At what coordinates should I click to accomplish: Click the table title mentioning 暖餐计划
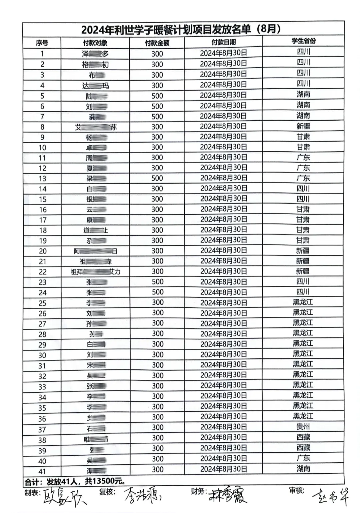pyautogui.click(x=181, y=30)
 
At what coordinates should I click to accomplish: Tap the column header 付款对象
pyautogui.click(x=95, y=43)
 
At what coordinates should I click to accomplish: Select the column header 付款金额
pyautogui.click(x=157, y=43)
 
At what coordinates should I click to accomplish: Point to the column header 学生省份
pyautogui.click(x=303, y=41)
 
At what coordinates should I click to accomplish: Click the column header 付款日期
pyautogui.click(x=223, y=42)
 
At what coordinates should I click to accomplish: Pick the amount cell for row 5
pyautogui.click(x=157, y=96)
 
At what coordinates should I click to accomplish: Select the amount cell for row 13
pyautogui.click(x=157, y=178)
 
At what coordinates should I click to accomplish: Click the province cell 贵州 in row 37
pyautogui.click(x=303, y=426)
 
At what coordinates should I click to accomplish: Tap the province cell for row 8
pyautogui.click(x=303, y=126)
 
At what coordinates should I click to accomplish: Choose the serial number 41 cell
pyautogui.click(x=42, y=471)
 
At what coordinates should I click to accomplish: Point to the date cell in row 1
pyautogui.click(x=223, y=53)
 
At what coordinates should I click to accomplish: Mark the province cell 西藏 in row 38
pyautogui.click(x=303, y=437)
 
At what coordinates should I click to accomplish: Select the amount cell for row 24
pyautogui.click(x=158, y=292)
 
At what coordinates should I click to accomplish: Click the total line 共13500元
pyautogui.click(x=75, y=482)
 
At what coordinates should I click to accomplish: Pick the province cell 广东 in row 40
pyautogui.click(x=303, y=458)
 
